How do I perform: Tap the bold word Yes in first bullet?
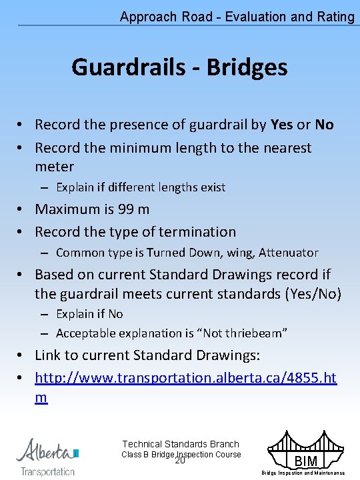(281, 125)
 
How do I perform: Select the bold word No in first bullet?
(324, 125)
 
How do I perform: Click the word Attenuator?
(288, 253)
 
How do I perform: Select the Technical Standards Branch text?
(181, 444)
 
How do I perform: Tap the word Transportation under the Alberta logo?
(47, 471)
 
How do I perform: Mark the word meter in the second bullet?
(55, 167)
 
